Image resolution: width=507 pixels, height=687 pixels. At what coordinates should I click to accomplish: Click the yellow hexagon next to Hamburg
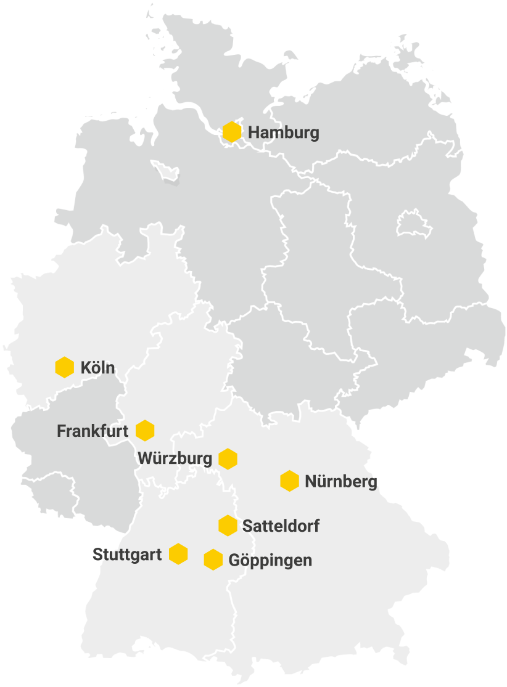click(232, 132)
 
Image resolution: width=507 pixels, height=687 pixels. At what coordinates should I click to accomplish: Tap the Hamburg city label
click(284, 132)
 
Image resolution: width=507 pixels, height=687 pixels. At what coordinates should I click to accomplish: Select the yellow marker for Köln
click(65, 367)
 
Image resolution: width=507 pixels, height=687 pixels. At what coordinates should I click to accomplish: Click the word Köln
click(97, 368)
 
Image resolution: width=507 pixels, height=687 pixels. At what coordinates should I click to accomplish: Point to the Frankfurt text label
click(93, 431)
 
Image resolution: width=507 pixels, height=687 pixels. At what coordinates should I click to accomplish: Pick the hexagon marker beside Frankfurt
click(145, 430)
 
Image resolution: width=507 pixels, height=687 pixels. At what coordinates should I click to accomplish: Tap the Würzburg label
click(175, 458)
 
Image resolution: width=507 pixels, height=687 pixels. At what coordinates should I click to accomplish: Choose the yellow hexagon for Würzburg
click(228, 458)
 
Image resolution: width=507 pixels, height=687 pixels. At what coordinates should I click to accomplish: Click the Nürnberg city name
click(340, 482)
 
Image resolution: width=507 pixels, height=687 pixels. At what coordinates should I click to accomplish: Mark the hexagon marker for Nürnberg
click(289, 481)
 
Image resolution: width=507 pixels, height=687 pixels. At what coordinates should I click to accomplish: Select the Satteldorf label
click(281, 527)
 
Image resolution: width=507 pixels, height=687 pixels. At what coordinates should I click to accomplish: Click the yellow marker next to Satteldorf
click(228, 526)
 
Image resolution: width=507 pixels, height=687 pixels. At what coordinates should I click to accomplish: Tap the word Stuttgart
click(127, 555)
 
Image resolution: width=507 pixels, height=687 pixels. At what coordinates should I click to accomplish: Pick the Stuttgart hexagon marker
click(178, 554)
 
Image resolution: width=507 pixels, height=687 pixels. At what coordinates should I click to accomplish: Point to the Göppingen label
click(270, 561)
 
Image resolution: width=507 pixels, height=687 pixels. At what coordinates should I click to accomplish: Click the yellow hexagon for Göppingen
click(213, 559)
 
